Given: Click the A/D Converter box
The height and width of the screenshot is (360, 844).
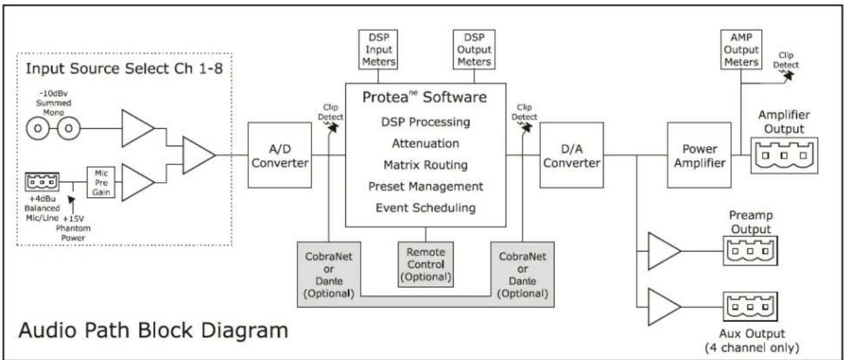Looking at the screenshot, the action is coord(280,155).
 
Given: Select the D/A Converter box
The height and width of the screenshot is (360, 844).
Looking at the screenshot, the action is coord(571,155).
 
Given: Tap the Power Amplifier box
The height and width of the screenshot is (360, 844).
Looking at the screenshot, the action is coord(700,155).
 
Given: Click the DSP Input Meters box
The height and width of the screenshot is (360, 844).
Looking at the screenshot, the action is coord(378,49).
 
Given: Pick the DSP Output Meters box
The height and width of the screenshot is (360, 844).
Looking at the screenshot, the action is coord(474,49).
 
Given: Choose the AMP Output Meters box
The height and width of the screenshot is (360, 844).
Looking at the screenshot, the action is coord(741,49).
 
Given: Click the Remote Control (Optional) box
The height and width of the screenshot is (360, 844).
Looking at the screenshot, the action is coord(426,264).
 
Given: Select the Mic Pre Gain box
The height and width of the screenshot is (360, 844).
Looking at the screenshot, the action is coord(101,183).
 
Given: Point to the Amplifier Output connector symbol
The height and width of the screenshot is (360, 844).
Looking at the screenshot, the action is coord(784,155).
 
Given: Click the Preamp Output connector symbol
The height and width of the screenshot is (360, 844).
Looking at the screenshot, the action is coord(750,251).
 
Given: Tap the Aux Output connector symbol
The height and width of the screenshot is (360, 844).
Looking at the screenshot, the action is coord(750,307).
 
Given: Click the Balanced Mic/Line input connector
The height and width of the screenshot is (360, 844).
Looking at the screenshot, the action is coord(42,182).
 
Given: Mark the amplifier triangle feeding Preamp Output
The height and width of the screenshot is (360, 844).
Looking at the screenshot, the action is coord(664,251).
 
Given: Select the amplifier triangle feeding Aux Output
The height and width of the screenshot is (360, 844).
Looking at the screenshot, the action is coord(664,307).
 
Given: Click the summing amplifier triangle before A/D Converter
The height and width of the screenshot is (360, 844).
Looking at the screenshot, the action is coord(198,155).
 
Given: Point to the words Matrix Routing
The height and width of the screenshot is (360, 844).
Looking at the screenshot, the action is coord(426,165).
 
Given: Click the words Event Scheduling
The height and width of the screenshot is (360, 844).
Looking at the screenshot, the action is coord(426,208).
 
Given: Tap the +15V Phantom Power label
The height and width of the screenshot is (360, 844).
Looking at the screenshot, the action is coord(73,228).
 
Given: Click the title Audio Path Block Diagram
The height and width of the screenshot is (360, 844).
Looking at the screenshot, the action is coord(153,330).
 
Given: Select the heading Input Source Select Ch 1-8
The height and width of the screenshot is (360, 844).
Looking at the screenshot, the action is coord(124,68).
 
